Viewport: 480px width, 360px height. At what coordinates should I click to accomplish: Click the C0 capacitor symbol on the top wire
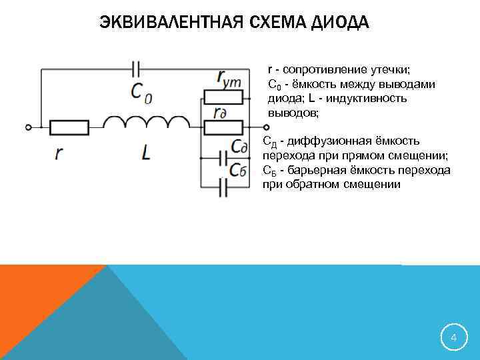pos(137,68)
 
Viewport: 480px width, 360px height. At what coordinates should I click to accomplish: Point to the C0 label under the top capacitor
pos(141,91)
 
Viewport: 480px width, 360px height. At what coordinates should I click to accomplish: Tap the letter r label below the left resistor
pos(59,153)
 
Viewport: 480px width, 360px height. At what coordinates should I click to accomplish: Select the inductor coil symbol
pos(147,123)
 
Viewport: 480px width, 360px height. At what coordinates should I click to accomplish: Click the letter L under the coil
pos(146,153)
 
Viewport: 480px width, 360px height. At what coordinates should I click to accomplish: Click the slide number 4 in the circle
pos(453,338)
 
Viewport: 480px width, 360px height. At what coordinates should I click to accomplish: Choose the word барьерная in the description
pos(315,170)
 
